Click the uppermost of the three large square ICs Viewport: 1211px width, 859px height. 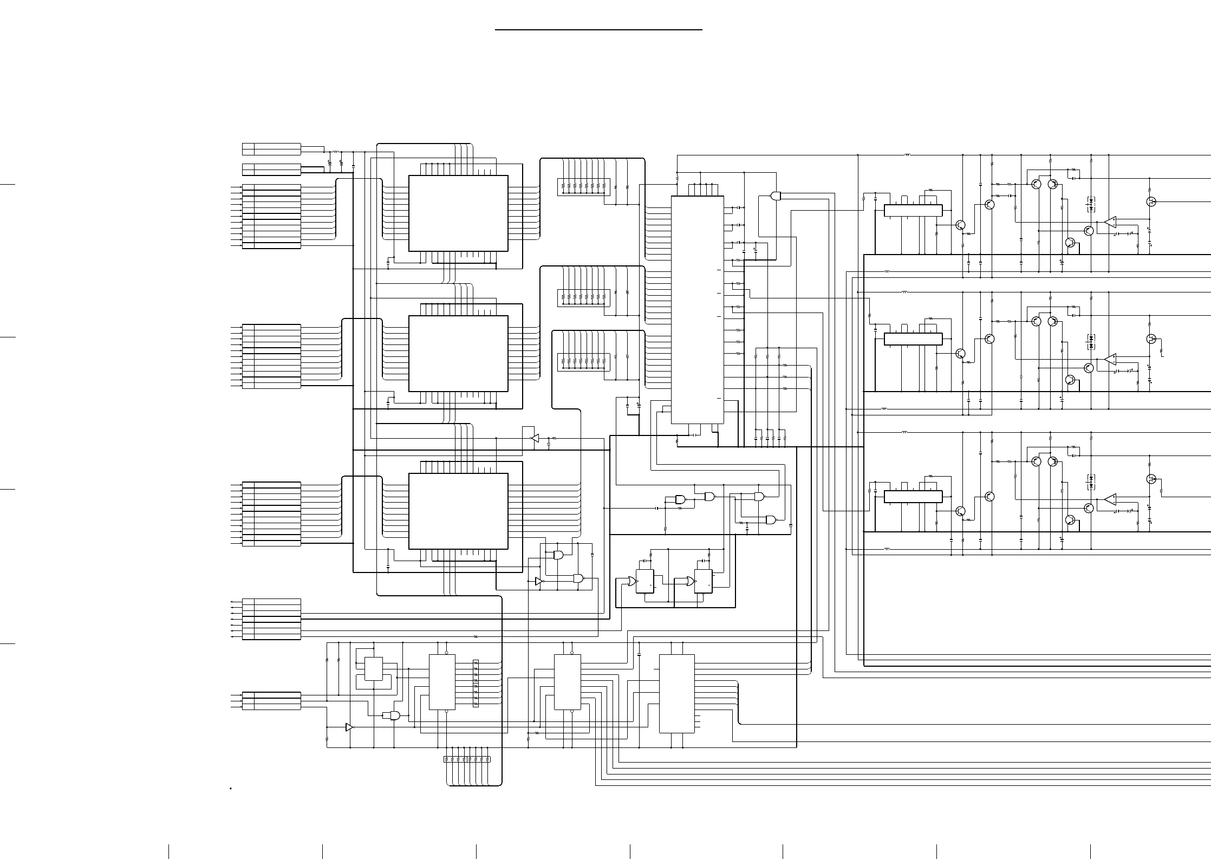tap(458, 213)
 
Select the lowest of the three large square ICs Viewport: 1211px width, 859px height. tap(458, 511)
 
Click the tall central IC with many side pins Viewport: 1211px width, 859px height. tap(698, 310)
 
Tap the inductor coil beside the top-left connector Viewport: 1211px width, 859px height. tap(336, 152)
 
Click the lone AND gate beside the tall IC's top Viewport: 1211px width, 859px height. tap(776, 196)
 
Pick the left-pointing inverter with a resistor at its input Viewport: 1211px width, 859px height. tap(535, 438)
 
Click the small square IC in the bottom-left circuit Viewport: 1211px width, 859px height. tap(373, 669)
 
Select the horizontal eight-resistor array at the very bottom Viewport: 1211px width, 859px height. tap(466, 759)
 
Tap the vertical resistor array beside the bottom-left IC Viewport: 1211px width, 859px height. tap(476, 683)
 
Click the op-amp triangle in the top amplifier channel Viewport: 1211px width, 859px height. tap(1111, 222)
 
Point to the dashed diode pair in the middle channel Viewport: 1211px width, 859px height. tap(1091, 342)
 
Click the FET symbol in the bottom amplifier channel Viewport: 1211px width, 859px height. tap(1151, 479)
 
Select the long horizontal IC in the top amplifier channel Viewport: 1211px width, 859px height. tap(913, 211)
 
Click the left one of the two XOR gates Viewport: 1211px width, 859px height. tap(630, 582)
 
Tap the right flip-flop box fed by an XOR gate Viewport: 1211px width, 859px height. tap(703, 582)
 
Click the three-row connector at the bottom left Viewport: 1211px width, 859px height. tap(271, 700)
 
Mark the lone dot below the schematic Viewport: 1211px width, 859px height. tap(231, 789)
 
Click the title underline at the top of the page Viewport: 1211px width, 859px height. tap(598, 30)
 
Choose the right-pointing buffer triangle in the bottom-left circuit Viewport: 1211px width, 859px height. tap(349, 727)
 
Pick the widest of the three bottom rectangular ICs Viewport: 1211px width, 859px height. tap(676, 694)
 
